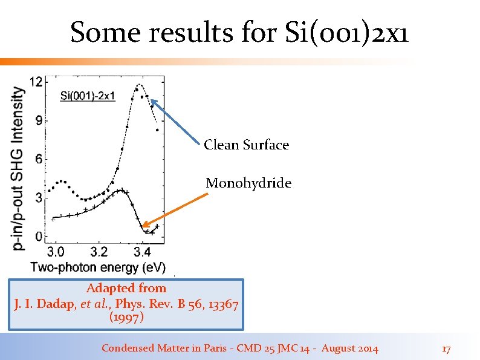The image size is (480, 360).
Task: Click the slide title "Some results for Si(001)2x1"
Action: click(239, 33)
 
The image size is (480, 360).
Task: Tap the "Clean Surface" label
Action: click(246, 145)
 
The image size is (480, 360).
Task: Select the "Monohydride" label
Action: click(248, 183)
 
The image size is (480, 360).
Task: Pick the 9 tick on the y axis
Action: click(38, 120)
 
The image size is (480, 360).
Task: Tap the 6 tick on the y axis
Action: click(38, 159)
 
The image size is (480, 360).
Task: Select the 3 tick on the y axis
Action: click(38, 198)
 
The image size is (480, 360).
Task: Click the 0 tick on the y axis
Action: click(38, 237)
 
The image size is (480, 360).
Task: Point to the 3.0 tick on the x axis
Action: click(56, 251)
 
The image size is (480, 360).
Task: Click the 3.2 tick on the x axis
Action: click(99, 251)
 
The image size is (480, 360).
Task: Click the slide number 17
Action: click(446, 349)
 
